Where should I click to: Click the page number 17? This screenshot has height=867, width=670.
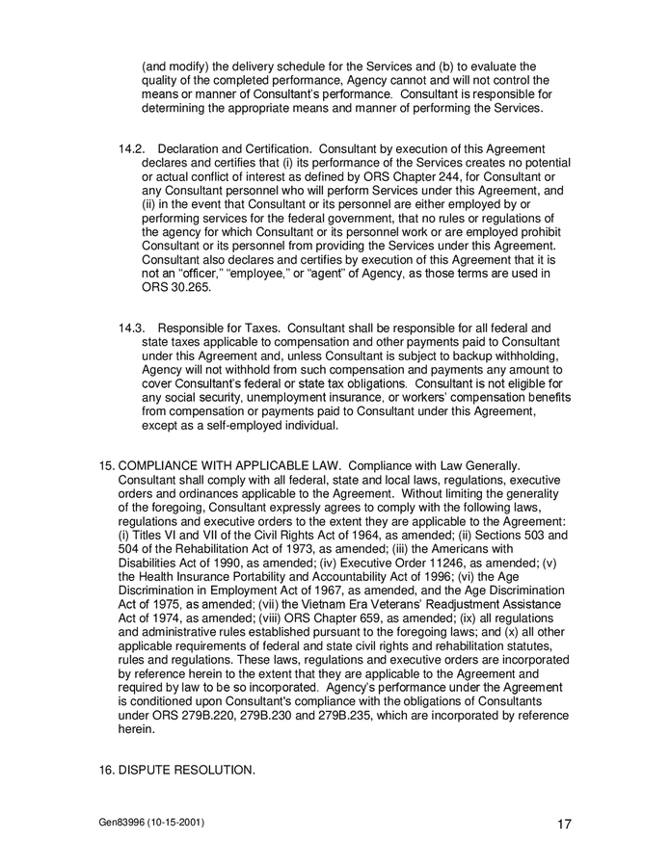click(x=565, y=825)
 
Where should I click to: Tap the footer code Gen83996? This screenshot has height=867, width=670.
click(x=122, y=822)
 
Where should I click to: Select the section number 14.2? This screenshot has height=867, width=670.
click(x=131, y=149)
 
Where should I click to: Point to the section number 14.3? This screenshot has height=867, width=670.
click(x=131, y=328)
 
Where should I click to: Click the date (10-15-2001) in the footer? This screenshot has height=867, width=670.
click(x=177, y=822)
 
